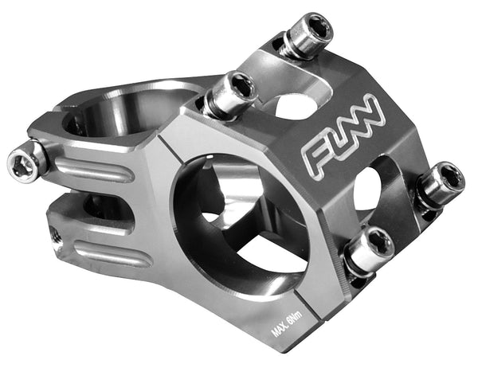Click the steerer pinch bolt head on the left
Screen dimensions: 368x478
point(24,162)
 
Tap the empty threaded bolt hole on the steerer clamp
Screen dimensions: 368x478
point(53,235)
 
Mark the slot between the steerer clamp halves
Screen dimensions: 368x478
point(88,209)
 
